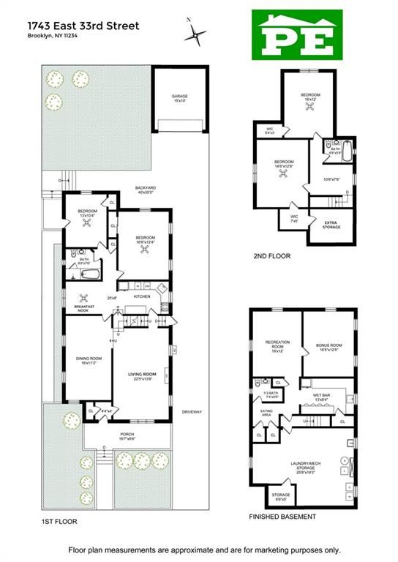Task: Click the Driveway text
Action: coord(192,411)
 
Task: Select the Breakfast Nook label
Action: coord(86,307)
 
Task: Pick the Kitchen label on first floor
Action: coord(142,296)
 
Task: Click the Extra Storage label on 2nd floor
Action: coord(331,225)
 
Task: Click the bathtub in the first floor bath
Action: coord(90,275)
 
